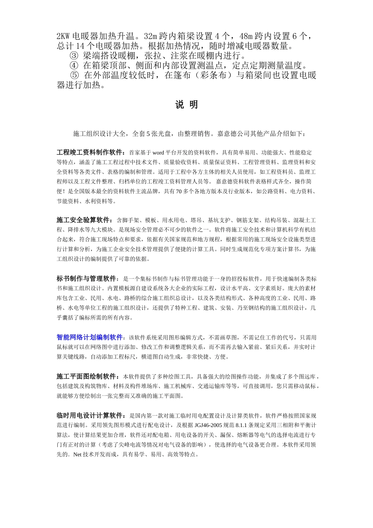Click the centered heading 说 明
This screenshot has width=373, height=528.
coord(186,105)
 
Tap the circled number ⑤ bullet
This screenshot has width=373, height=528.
coord(75,75)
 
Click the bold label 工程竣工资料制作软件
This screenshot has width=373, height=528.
coord(90,152)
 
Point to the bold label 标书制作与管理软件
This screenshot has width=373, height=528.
coord(86,279)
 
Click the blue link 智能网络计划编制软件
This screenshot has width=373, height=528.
coord(90,337)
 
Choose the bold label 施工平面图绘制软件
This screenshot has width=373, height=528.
coord(86,376)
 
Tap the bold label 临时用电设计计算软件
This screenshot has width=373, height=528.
coord(90,416)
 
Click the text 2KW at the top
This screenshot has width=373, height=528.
coord(64,37)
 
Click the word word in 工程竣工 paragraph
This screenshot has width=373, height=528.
coord(158,152)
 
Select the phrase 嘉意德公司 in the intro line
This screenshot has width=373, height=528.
coord(234,134)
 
